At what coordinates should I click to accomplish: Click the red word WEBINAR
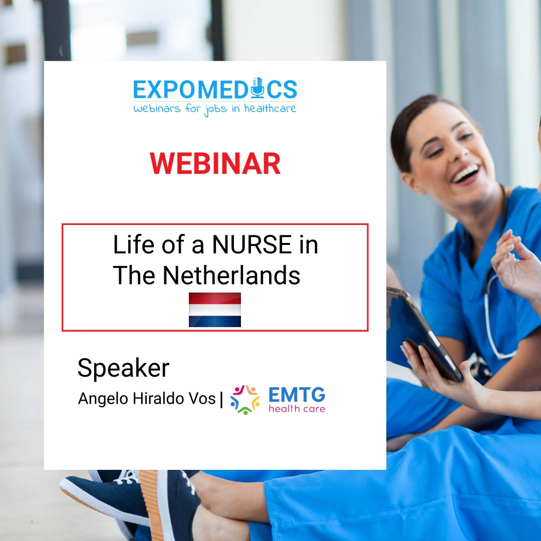(x=215, y=163)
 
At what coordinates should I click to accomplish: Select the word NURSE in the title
(x=252, y=244)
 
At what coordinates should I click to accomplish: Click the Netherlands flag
(x=214, y=310)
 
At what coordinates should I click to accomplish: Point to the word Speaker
(x=124, y=368)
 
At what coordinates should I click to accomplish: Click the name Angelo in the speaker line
(x=103, y=399)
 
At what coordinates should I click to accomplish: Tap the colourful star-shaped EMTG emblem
(x=245, y=400)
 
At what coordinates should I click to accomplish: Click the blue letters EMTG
(x=297, y=395)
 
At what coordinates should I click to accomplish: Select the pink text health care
(x=297, y=409)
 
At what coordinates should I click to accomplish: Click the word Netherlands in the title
(x=231, y=276)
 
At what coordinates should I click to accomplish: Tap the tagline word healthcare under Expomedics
(x=270, y=109)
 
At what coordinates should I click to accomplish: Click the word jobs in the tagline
(x=215, y=109)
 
